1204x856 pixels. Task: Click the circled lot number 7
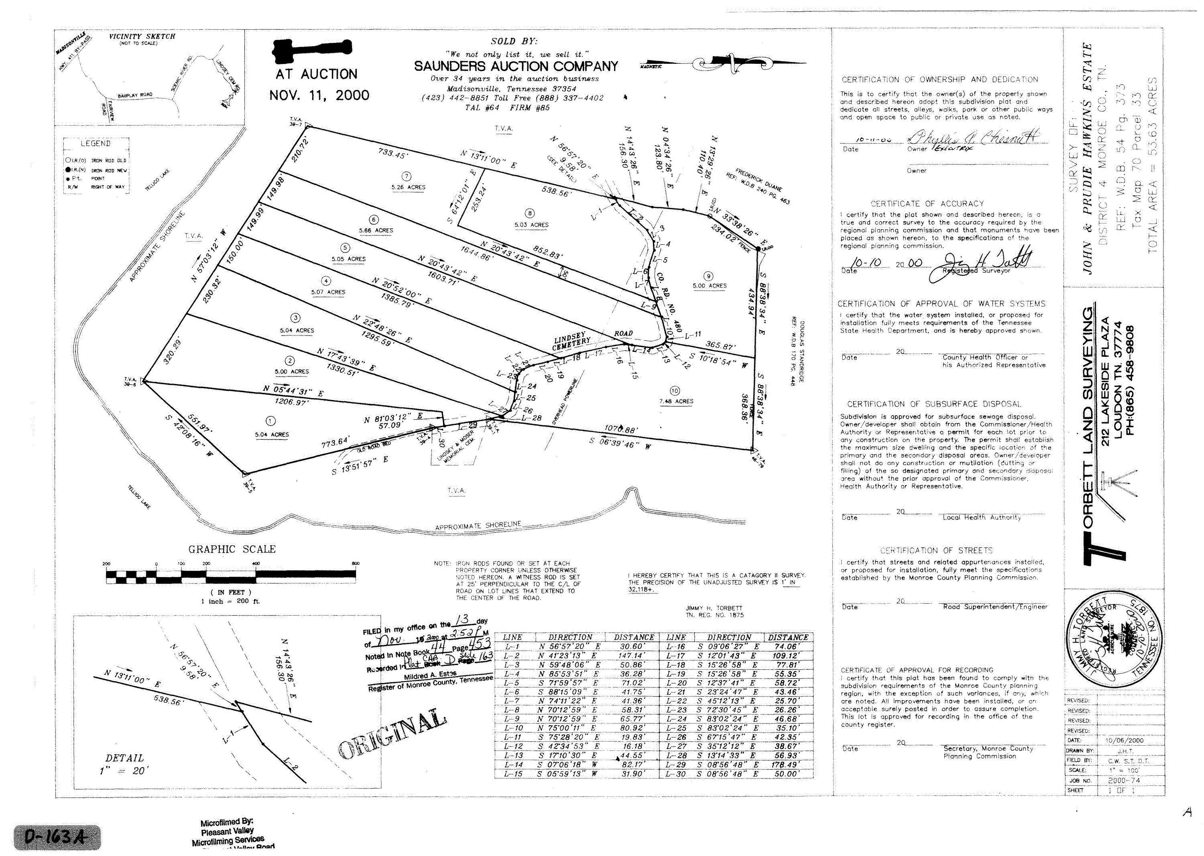[407, 176]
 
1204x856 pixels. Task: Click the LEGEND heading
[96, 143]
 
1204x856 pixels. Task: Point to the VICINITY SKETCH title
[142, 37]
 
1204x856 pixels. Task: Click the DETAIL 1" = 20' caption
[124, 764]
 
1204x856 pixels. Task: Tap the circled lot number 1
[270, 421]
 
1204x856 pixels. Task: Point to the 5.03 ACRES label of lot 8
[531, 225]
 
